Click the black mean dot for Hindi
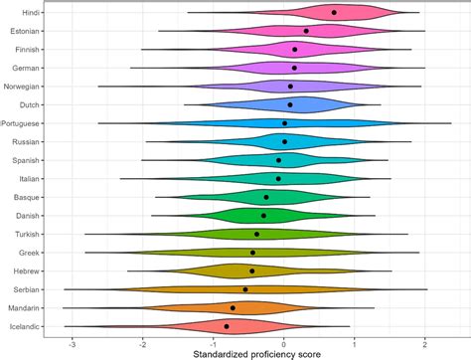334,13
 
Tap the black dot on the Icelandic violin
227,326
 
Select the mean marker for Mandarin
233,308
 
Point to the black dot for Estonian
306,31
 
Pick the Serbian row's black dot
245,289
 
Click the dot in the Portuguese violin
284,123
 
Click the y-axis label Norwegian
22,87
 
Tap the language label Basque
27,197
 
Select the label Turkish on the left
27,235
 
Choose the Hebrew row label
27,271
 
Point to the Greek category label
29,253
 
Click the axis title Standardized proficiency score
256,354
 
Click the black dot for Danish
263,216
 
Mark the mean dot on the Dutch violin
290,104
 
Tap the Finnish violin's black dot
295,50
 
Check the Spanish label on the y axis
26,160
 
